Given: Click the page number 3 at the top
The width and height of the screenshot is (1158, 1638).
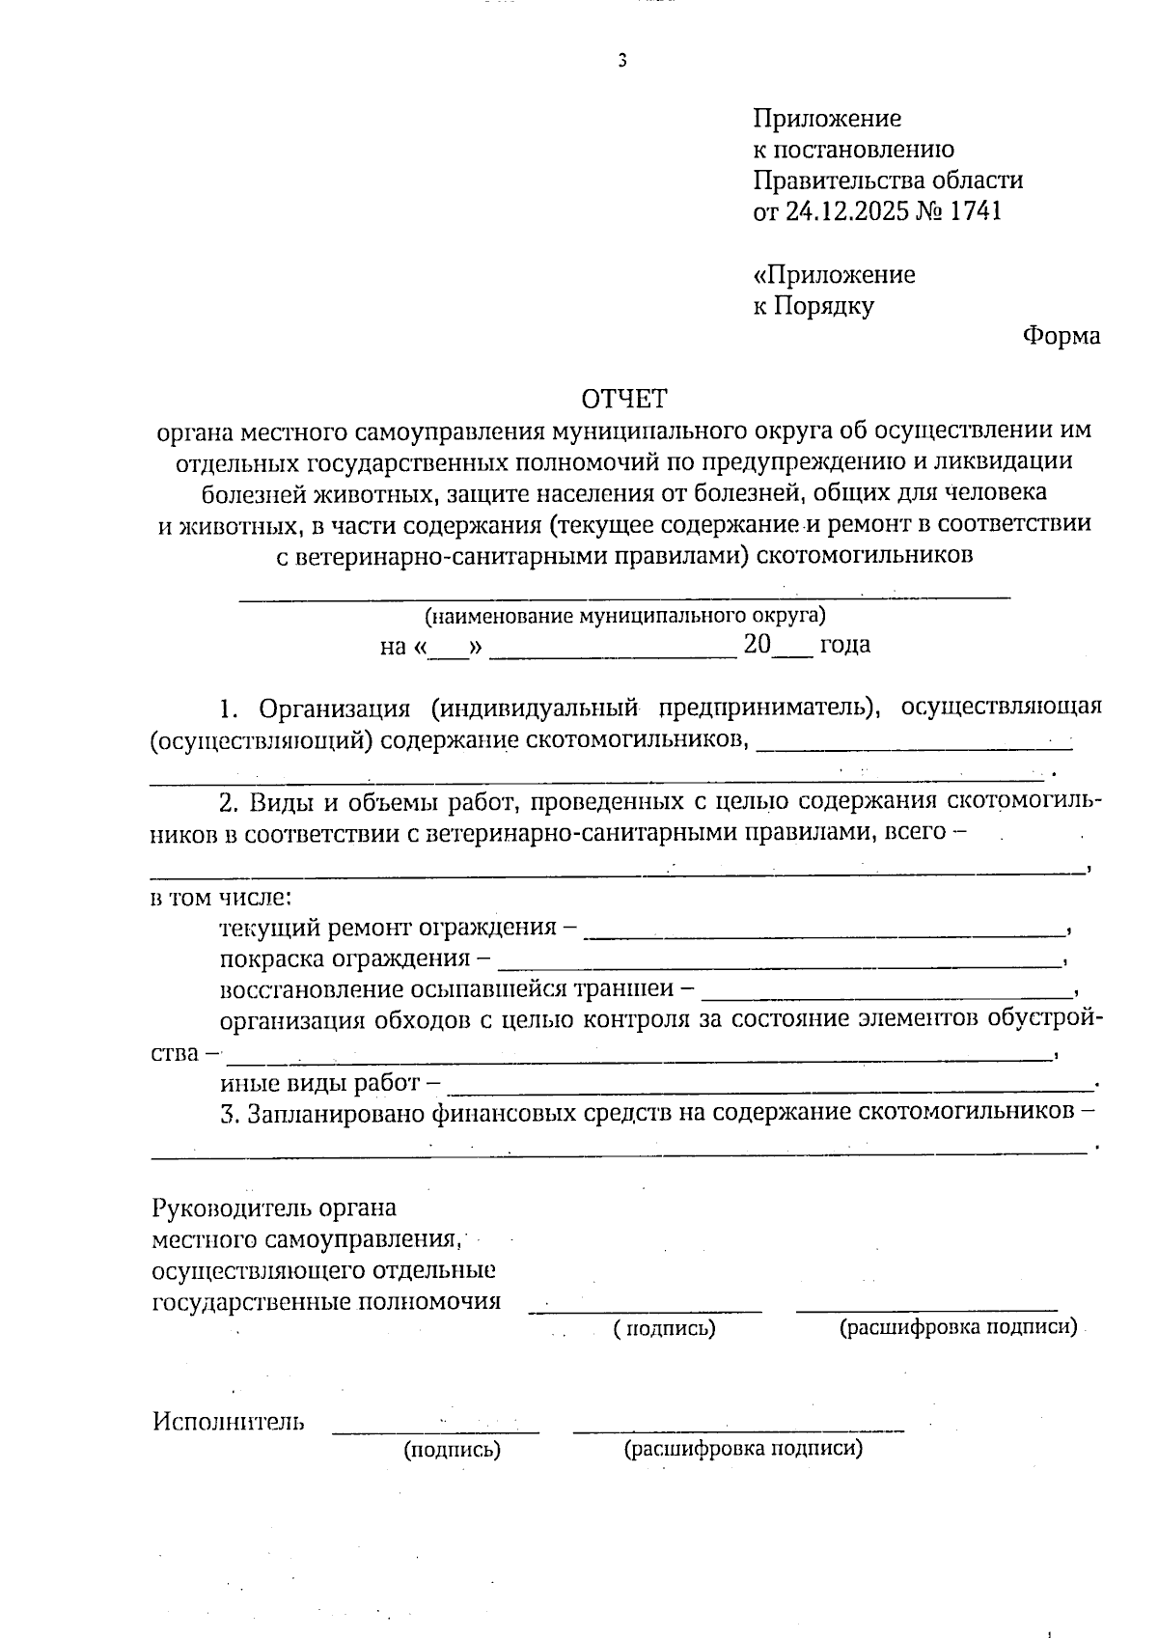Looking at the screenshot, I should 622,61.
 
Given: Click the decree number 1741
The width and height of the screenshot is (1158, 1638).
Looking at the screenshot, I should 976,211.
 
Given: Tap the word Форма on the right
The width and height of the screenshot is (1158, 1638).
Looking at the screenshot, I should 1061,337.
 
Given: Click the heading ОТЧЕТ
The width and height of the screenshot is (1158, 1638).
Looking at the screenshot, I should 623,399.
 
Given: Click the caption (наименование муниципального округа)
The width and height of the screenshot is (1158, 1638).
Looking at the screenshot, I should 625,615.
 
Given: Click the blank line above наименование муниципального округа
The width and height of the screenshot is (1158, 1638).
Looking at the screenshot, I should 625,597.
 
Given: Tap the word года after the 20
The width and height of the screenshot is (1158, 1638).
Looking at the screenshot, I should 844,645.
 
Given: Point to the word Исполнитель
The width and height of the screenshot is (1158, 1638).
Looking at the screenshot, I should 229,1421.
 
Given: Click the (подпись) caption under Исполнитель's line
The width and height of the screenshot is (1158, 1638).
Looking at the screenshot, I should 452,1449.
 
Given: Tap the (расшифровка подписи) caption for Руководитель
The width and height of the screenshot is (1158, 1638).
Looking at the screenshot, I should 957,1327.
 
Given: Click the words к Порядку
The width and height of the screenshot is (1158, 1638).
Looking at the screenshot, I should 813,307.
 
